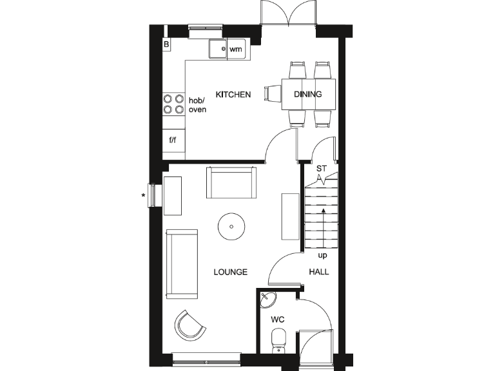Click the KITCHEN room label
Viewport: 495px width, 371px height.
click(x=233, y=95)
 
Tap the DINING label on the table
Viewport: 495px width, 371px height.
click(x=307, y=95)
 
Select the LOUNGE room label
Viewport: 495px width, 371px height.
click(x=231, y=272)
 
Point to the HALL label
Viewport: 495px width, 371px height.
click(x=318, y=272)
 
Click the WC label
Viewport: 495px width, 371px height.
click(x=278, y=319)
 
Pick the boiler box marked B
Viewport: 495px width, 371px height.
click(x=166, y=45)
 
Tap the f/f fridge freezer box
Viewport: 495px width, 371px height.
click(x=173, y=140)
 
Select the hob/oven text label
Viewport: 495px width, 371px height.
click(x=196, y=105)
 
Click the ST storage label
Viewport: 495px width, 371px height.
click(x=322, y=169)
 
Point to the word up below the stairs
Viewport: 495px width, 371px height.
click(x=322, y=255)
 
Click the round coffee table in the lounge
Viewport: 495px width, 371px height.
click(x=231, y=226)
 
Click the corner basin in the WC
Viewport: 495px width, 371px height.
click(x=267, y=299)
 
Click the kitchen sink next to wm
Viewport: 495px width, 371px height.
click(x=217, y=49)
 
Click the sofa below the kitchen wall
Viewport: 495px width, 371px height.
click(x=231, y=183)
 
